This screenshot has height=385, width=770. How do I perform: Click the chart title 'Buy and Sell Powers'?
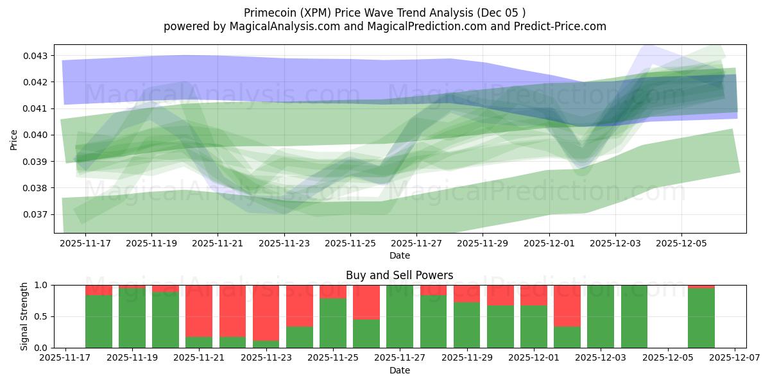tap(399, 275)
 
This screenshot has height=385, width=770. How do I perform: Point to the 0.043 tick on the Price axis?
tap(37, 56)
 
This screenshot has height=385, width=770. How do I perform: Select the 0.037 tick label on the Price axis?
tap(37, 214)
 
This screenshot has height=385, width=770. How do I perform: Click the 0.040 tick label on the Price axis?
tap(37, 135)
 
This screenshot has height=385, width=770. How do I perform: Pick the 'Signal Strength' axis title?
tap(24, 316)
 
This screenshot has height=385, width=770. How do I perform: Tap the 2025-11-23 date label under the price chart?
tap(284, 244)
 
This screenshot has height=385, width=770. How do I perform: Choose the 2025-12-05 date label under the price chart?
tap(681, 244)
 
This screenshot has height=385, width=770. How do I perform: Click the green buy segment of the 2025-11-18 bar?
tap(99, 321)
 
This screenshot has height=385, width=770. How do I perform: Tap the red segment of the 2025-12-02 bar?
tap(567, 305)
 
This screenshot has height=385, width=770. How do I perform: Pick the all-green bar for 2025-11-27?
tap(400, 316)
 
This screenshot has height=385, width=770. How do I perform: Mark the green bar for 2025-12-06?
tap(701, 318)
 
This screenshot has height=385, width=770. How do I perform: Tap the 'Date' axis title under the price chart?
tap(399, 255)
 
